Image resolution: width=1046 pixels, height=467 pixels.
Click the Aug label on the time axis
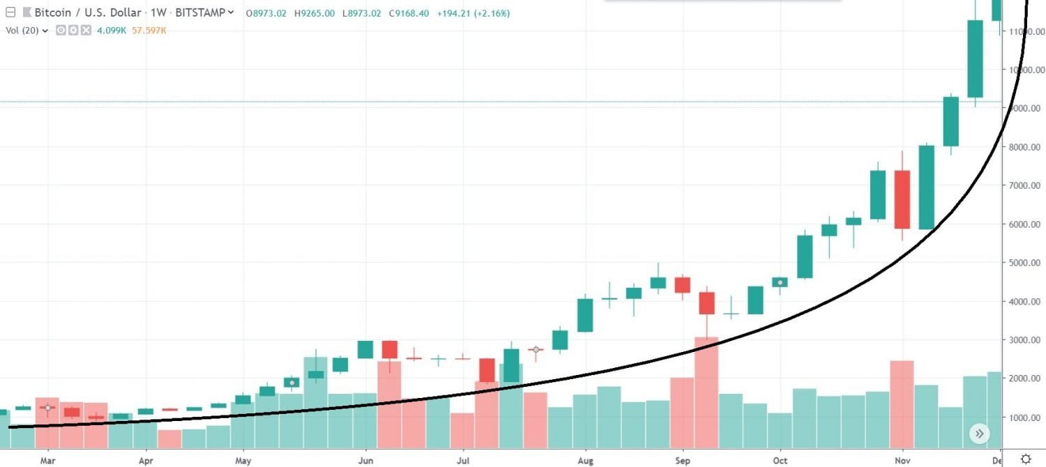coord(586,461)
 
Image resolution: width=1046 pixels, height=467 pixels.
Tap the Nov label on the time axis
coord(902,461)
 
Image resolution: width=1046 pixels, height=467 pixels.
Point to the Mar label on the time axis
coord(47,461)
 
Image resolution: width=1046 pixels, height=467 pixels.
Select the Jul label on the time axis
coord(462,461)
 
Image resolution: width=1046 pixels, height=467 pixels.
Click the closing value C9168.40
coord(409,13)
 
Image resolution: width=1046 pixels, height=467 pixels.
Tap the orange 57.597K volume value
coord(148,30)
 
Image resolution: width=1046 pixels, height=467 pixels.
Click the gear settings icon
coord(1026,459)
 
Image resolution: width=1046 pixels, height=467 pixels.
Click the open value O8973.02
coord(266,13)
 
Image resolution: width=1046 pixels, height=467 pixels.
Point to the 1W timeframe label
coord(153,13)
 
